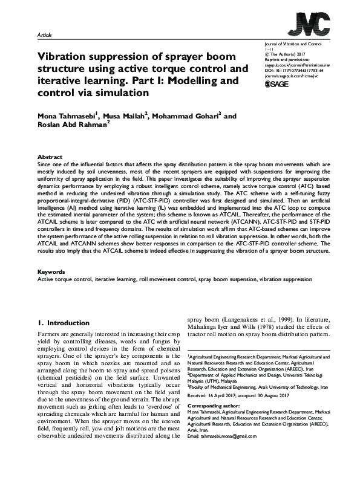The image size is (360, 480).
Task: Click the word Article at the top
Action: [45, 36]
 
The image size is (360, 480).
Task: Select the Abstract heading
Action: [50, 156]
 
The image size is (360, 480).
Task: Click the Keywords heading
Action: [51, 271]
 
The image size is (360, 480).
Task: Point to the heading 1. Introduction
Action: [64, 323]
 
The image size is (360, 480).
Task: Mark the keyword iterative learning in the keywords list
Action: [114, 281]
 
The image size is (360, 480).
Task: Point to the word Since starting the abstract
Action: [44, 164]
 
